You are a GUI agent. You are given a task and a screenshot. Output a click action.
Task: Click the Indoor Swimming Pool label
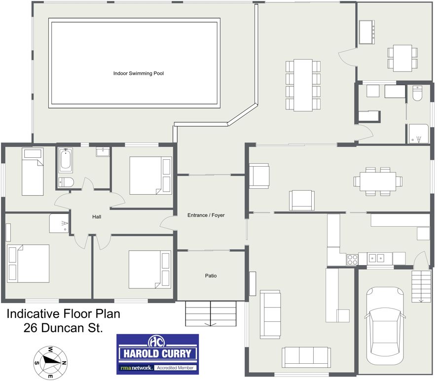point(139,73)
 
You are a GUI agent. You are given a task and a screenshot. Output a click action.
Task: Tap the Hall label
point(97,217)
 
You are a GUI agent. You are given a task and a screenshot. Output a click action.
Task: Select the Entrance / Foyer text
point(206,215)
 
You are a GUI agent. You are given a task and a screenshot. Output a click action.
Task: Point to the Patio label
point(211,276)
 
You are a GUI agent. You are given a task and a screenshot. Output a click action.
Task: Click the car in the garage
point(385,326)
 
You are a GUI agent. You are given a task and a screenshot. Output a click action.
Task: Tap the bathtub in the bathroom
point(65,160)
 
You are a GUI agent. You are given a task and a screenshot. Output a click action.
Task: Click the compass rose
point(50,362)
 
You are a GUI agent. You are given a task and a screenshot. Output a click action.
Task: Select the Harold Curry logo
point(157,354)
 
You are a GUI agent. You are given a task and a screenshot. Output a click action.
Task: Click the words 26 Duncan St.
point(63,328)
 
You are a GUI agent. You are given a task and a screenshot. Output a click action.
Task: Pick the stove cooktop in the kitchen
point(352,260)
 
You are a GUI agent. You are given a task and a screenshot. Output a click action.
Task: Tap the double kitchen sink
point(376,258)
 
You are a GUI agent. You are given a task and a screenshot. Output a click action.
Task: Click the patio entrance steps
point(211,313)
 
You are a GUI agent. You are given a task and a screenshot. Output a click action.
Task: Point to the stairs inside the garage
point(421,286)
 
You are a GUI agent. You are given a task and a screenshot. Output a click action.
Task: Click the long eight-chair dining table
point(303,85)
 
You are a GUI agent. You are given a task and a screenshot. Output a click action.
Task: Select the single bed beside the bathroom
point(33,172)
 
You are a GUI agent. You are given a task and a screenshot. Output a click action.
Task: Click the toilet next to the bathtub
point(66,182)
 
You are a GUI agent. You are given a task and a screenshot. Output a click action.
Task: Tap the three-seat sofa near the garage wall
point(306,357)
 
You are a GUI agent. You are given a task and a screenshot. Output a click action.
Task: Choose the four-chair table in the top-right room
point(403,58)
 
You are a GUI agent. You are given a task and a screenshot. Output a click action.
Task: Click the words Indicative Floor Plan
point(64,313)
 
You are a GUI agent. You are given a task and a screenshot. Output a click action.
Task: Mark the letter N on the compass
point(64,363)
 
